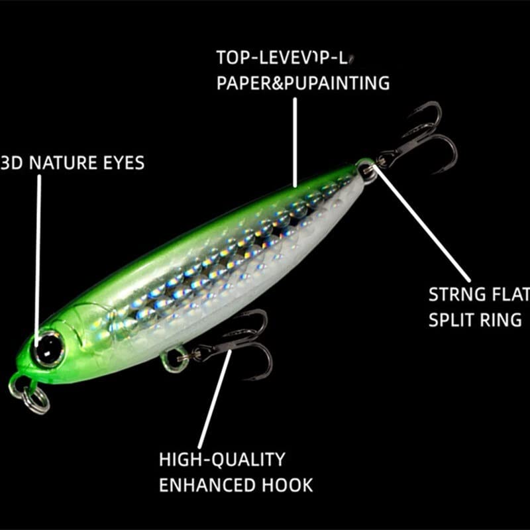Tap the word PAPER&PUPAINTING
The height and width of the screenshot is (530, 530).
click(x=302, y=83)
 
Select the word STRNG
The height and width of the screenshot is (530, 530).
click(x=456, y=293)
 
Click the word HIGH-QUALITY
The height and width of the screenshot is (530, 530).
click(x=222, y=458)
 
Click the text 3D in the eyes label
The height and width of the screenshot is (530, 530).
click(x=12, y=162)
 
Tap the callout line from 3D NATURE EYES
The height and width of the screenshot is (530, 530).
click(x=39, y=252)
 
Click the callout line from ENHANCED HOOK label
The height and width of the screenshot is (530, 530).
click(x=215, y=397)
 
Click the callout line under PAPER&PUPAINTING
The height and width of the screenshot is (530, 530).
click(x=295, y=139)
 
